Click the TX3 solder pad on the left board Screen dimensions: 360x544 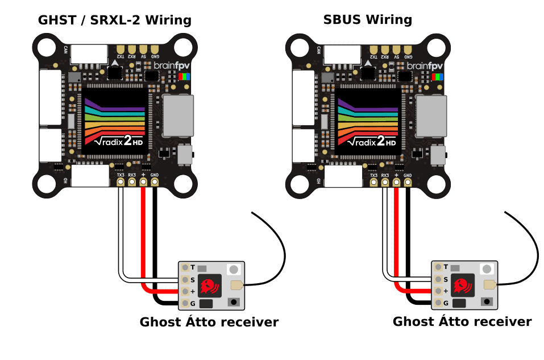tap(121, 182)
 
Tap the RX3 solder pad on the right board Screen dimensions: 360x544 tap(385, 182)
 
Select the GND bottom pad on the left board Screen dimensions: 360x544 tap(154, 182)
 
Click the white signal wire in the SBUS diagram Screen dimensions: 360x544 tap(385, 239)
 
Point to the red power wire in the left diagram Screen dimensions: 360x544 tap(143, 239)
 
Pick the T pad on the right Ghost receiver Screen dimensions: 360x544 tap(438, 267)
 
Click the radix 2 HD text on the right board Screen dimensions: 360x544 tap(371, 140)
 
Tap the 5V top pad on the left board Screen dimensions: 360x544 tap(143, 49)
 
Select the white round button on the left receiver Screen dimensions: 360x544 tap(233, 269)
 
